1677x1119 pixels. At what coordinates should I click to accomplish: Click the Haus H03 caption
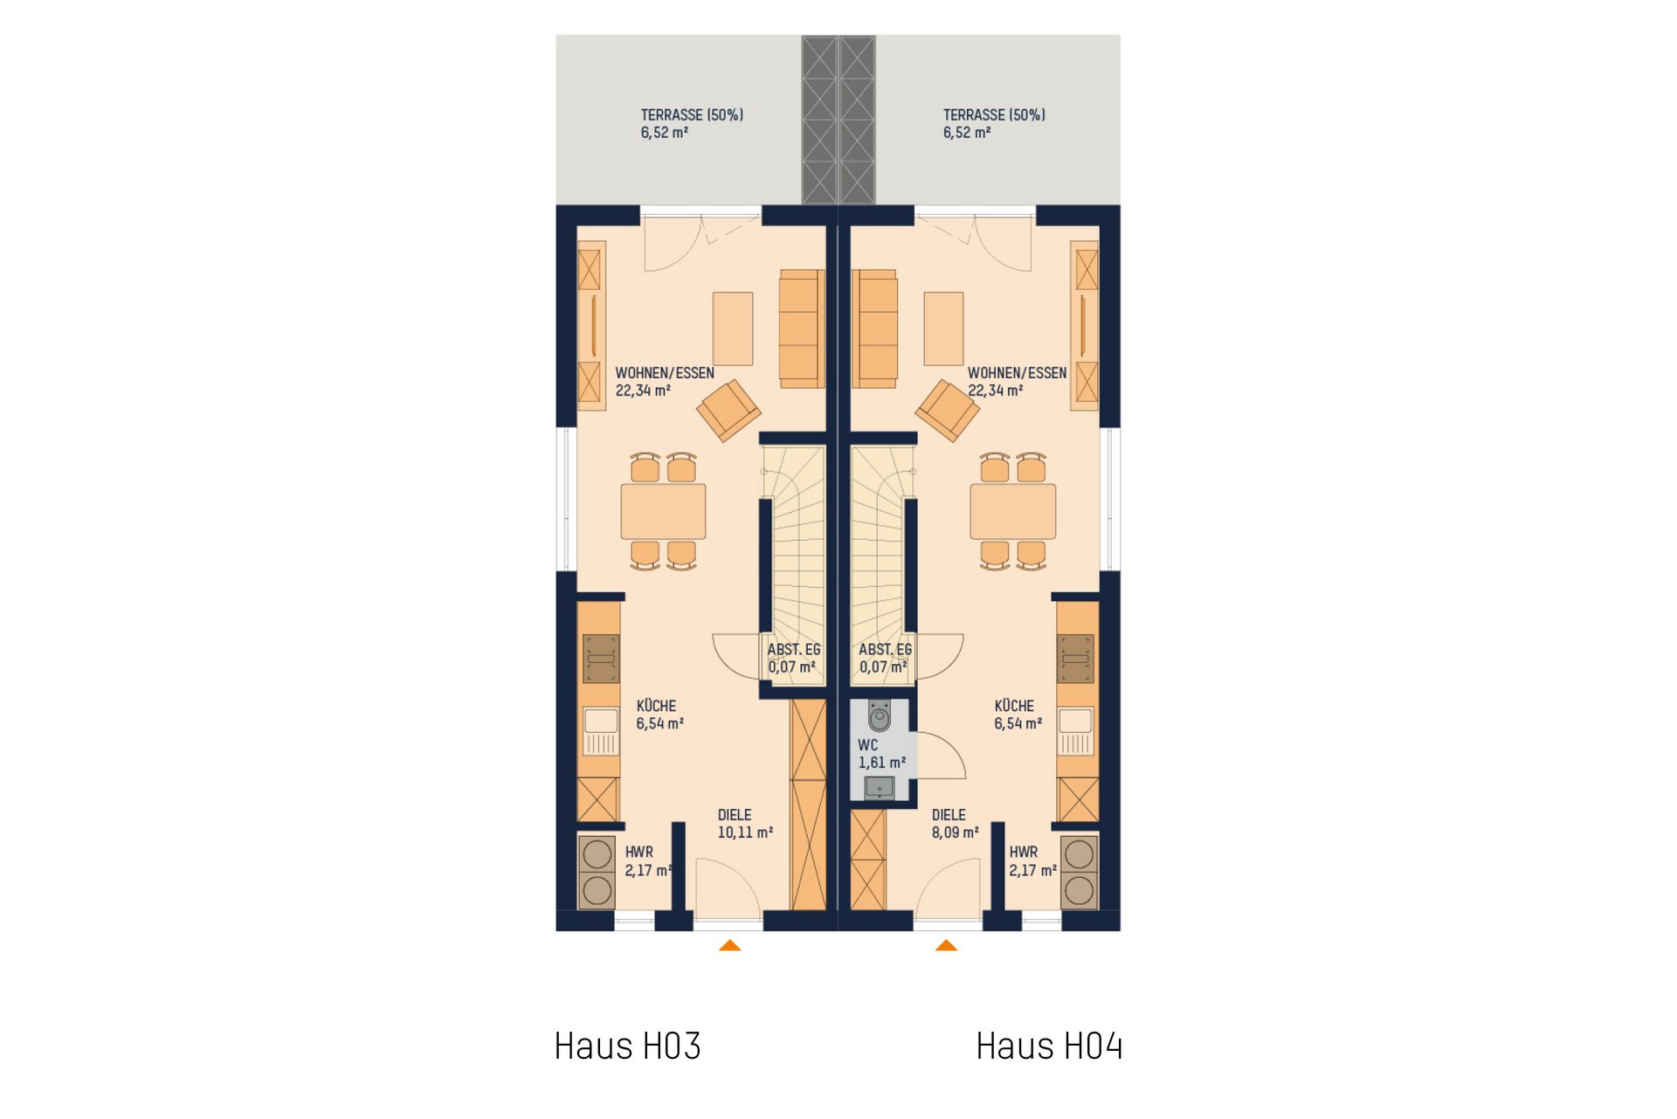point(627,1046)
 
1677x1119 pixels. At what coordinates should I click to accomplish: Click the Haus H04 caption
point(1049,1046)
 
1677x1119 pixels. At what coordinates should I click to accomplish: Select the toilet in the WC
point(879,715)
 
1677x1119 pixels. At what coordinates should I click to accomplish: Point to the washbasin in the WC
point(879,788)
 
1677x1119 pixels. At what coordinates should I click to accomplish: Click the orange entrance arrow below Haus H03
point(730,945)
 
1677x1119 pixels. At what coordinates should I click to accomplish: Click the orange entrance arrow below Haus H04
point(946,945)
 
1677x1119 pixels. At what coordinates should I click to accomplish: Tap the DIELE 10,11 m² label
point(745,824)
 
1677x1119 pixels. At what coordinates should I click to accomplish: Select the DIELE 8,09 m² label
point(955,824)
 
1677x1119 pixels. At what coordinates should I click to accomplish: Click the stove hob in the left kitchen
point(601,658)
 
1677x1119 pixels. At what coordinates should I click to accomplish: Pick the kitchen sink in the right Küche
point(1075,731)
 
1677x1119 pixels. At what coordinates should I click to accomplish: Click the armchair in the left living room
point(728,410)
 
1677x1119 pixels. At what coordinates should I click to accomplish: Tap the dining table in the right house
point(1013,512)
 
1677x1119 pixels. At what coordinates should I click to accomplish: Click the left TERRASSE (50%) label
point(692,124)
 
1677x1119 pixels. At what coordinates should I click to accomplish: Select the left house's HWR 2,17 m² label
point(647,861)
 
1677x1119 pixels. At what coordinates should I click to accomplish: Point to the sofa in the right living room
point(874,328)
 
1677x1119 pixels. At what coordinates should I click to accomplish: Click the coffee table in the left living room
point(733,328)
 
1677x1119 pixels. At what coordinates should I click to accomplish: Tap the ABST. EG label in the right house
point(885,659)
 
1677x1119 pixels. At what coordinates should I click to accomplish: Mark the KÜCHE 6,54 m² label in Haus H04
point(1018,715)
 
